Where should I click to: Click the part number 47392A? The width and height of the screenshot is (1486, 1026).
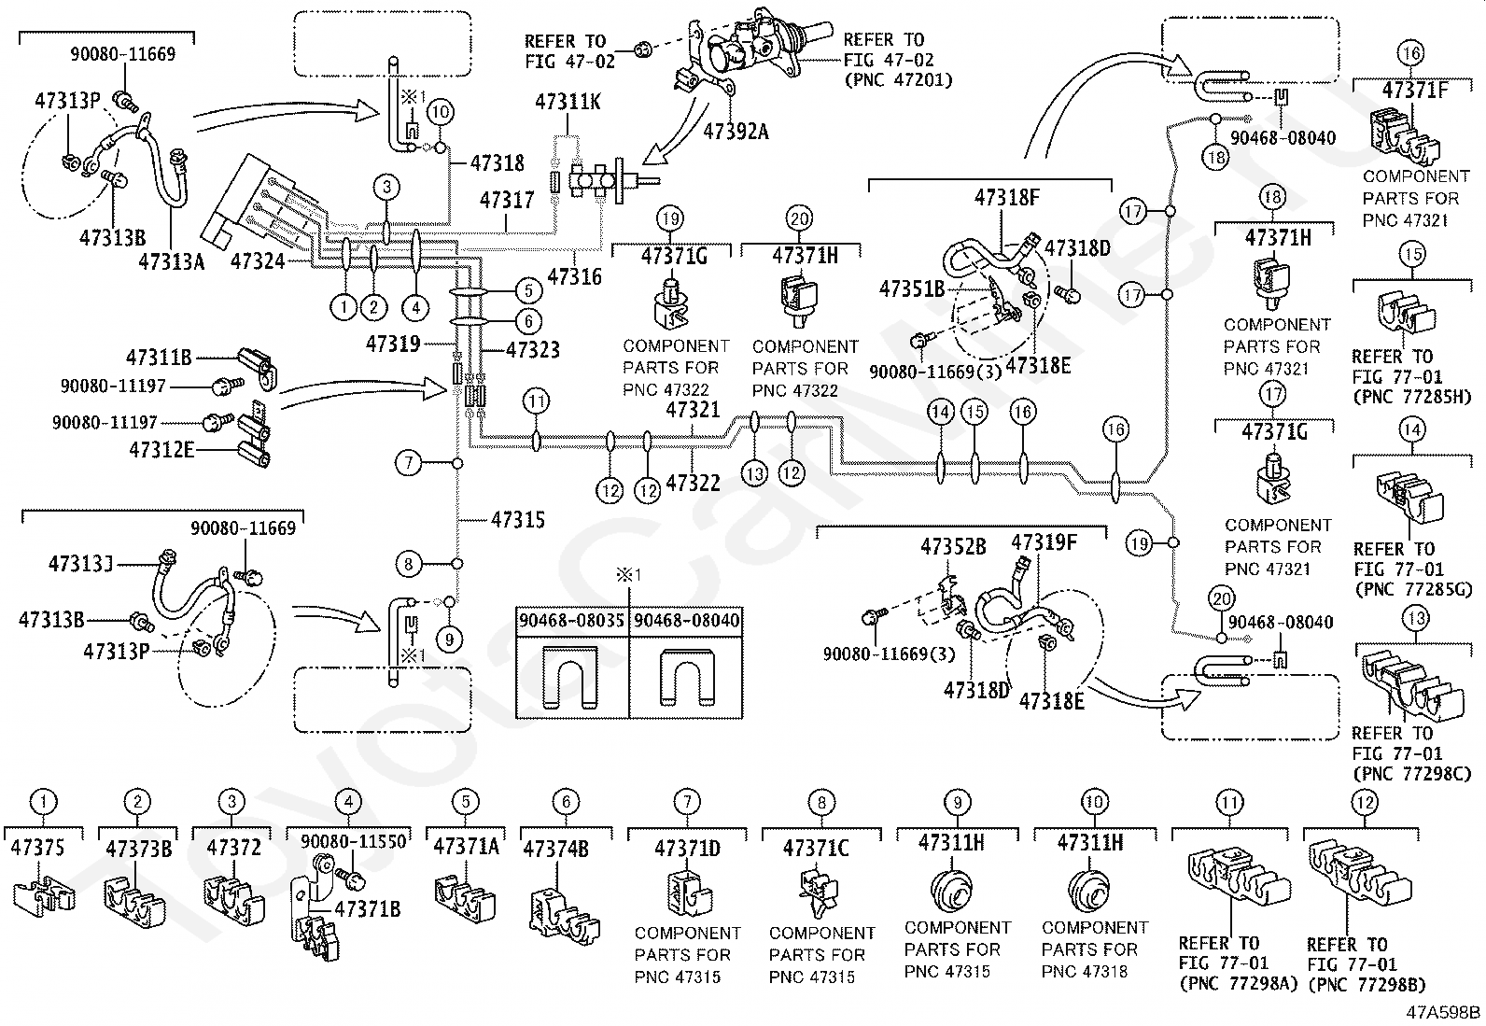point(736,132)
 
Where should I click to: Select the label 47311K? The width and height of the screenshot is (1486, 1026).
point(568,102)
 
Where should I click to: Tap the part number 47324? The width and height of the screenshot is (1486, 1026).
point(258,261)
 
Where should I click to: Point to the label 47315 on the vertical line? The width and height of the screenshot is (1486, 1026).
point(518,520)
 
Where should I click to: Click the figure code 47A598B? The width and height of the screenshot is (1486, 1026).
point(1444,1012)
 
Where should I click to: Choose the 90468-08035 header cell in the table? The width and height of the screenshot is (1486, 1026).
point(572,620)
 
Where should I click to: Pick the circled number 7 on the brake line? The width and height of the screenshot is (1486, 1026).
point(408,462)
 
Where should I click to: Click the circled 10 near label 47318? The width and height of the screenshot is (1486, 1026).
point(442,113)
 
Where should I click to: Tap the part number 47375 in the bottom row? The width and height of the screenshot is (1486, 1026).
point(38,848)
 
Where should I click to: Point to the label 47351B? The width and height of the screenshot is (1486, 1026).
point(912,289)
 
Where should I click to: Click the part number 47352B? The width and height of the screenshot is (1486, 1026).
point(953,546)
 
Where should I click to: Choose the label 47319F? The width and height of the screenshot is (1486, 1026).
point(1044,542)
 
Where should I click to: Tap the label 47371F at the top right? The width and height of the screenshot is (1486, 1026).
point(1415,90)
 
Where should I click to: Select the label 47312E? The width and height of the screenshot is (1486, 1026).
point(161,450)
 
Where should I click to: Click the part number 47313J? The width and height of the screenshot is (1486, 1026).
point(80,564)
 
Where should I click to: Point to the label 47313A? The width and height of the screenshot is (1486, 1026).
point(171,261)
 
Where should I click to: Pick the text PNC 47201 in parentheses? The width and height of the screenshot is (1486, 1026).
point(898,80)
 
